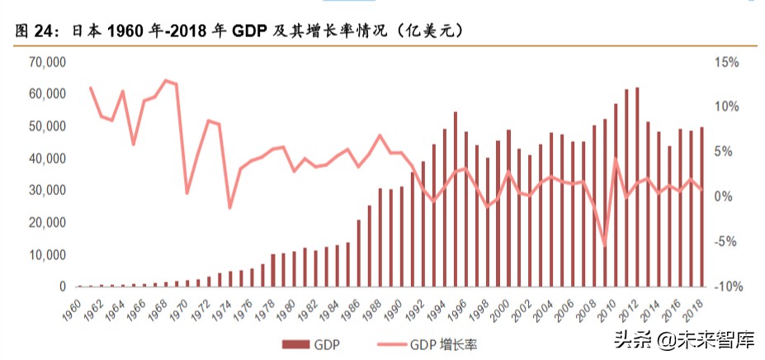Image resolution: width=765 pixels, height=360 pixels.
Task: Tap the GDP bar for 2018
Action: click(x=701, y=207)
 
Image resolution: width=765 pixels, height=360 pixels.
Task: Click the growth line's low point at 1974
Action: click(x=229, y=208)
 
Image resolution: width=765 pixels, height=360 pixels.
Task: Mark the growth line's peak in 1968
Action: click(x=165, y=80)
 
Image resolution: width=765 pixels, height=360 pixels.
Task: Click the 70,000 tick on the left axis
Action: click(x=47, y=63)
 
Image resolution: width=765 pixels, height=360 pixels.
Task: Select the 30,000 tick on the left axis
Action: click(x=47, y=191)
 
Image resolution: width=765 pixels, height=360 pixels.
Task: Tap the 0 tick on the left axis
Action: click(x=60, y=287)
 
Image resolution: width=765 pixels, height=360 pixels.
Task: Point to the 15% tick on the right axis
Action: click(x=727, y=63)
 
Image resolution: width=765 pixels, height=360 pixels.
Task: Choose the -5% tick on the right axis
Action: click(x=727, y=242)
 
